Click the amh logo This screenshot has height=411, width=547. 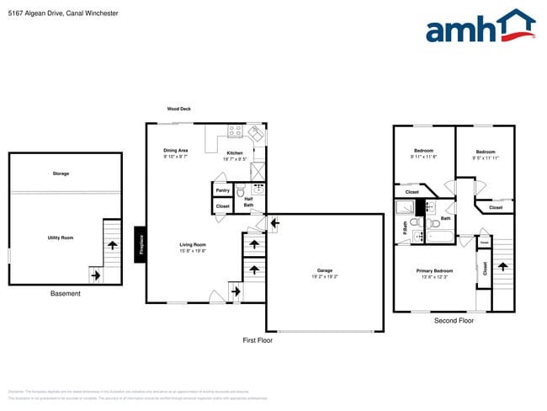pyautogui.click(x=479, y=27)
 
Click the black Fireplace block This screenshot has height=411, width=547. pyautogui.click(x=142, y=244)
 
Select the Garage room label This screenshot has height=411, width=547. pyautogui.click(x=325, y=271)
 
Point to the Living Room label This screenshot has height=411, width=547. pyautogui.click(x=193, y=244)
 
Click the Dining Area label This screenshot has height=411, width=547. pyautogui.click(x=175, y=151)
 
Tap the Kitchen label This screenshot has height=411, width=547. pyautogui.click(x=234, y=152)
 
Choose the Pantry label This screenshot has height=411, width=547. pyautogui.click(x=223, y=190)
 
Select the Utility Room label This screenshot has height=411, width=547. pyautogui.click(x=61, y=238)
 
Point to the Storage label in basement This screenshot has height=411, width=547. pyautogui.click(x=61, y=173)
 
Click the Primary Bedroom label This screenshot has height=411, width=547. pyautogui.click(x=435, y=270)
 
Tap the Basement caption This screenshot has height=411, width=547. pyautogui.click(x=65, y=294)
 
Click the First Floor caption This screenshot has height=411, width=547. pyautogui.click(x=257, y=340)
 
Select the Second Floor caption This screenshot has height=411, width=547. pyautogui.click(x=454, y=321)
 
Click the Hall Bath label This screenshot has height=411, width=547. pyautogui.click(x=249, y=202)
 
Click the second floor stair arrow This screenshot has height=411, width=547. pyautogui.click(x=503, y=267)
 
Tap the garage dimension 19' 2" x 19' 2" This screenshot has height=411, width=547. pyautogui.click(x=325, y=276)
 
